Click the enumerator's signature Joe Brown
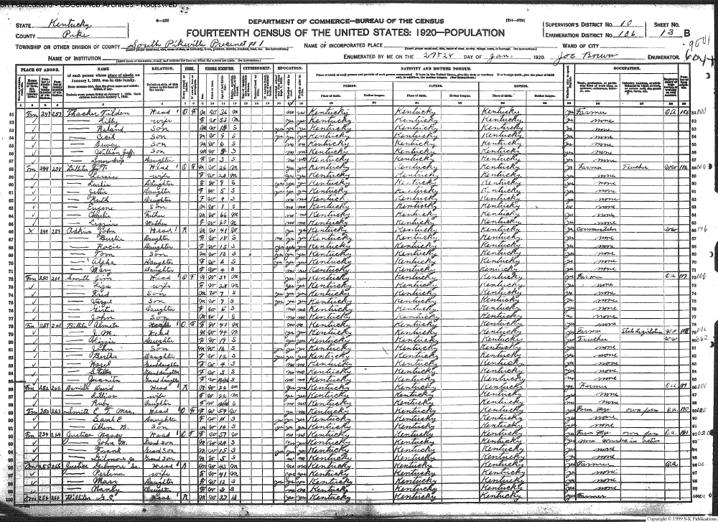coord(589,56)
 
